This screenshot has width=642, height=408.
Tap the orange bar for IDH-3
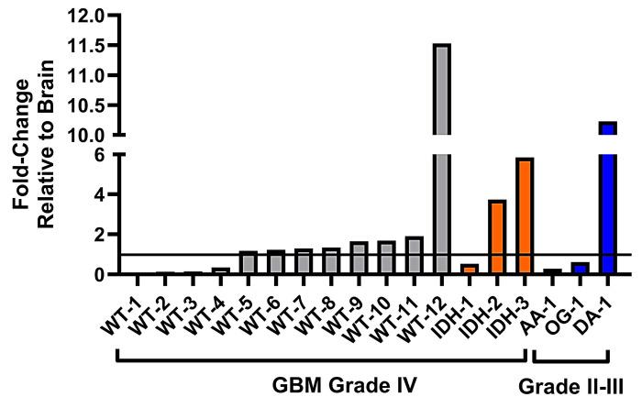click(x=525, y=216)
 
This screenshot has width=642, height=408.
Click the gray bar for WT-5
click(x=249, y=263)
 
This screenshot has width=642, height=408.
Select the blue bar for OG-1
click(x=580, y=269)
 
